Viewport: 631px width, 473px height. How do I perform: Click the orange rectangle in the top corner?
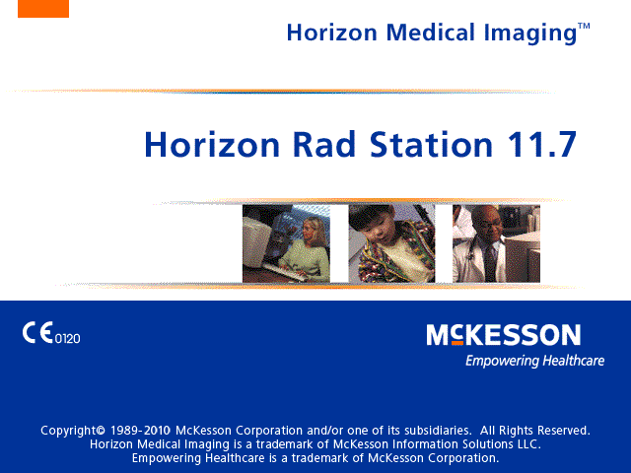click(x=43, y=9)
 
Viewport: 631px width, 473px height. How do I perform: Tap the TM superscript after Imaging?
click(x=584, y=27)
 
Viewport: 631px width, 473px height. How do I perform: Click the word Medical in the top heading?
click(x=431, y=33)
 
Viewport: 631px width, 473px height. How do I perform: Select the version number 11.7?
click(x=542, y=144)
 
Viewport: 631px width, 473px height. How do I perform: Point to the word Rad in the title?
click(x=324, y=144)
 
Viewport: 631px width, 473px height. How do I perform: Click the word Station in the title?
click(x=431, y=144)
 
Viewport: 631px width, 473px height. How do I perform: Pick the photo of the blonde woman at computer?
click(x=286, y=243)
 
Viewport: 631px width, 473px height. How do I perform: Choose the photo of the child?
click(x=391, y=243)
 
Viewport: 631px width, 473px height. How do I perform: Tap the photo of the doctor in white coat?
click(x=496, y=243)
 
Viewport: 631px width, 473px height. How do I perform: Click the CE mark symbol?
click(x=37, y=333)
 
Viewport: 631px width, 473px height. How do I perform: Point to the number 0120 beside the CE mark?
click(x=68, y=339)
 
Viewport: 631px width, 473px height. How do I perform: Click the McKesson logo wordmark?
click(x=504, y=335)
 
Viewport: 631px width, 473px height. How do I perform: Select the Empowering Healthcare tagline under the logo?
click(x=534, y=361)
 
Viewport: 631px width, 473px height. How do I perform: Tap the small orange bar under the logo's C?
click(x=457, y=343)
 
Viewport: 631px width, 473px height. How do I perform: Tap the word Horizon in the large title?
click(x=212, y=144)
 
